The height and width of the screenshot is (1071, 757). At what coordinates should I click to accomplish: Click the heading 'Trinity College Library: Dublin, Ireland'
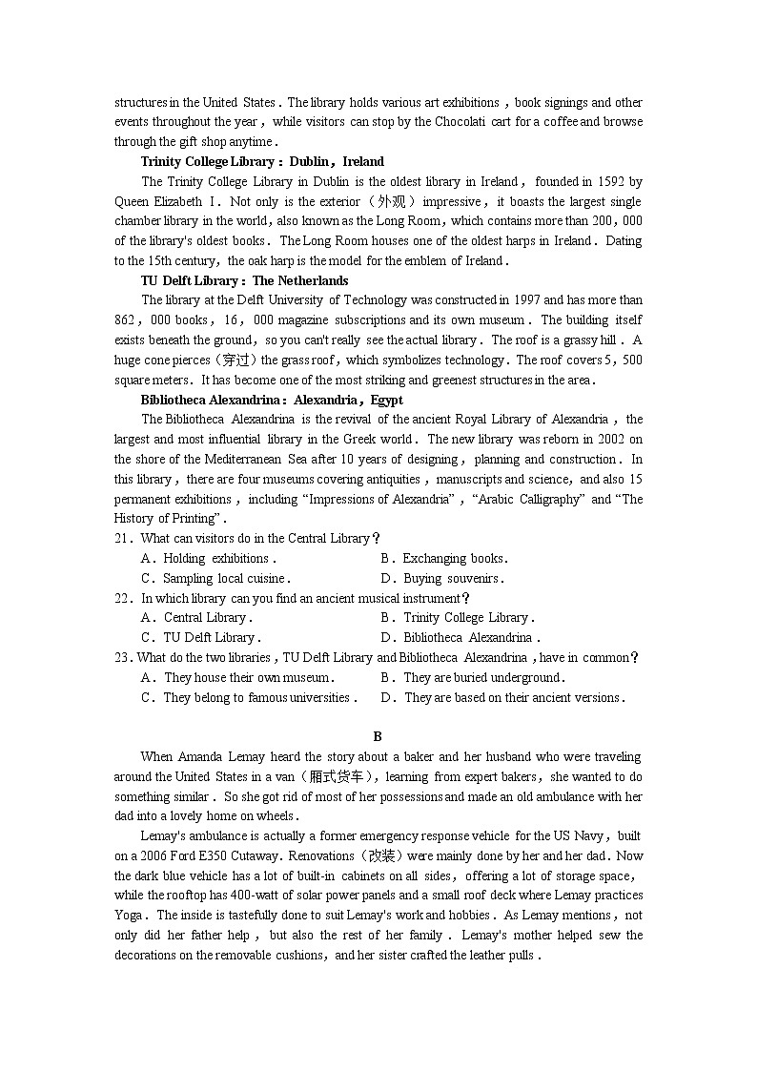point(262,161)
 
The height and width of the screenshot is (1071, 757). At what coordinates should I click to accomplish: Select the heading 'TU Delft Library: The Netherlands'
point(244,280)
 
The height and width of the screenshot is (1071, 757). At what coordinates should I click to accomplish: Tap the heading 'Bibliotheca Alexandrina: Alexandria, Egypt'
point(272,400)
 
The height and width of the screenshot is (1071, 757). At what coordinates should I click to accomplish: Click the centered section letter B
point(378,736)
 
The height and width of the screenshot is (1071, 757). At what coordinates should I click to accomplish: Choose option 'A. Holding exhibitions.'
point(208,559)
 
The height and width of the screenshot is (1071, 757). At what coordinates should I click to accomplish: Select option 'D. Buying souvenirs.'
point(441,579)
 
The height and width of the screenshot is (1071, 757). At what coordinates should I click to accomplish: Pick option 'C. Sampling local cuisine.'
point(215,579)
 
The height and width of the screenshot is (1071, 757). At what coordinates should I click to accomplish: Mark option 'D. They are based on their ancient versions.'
point(502,698)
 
